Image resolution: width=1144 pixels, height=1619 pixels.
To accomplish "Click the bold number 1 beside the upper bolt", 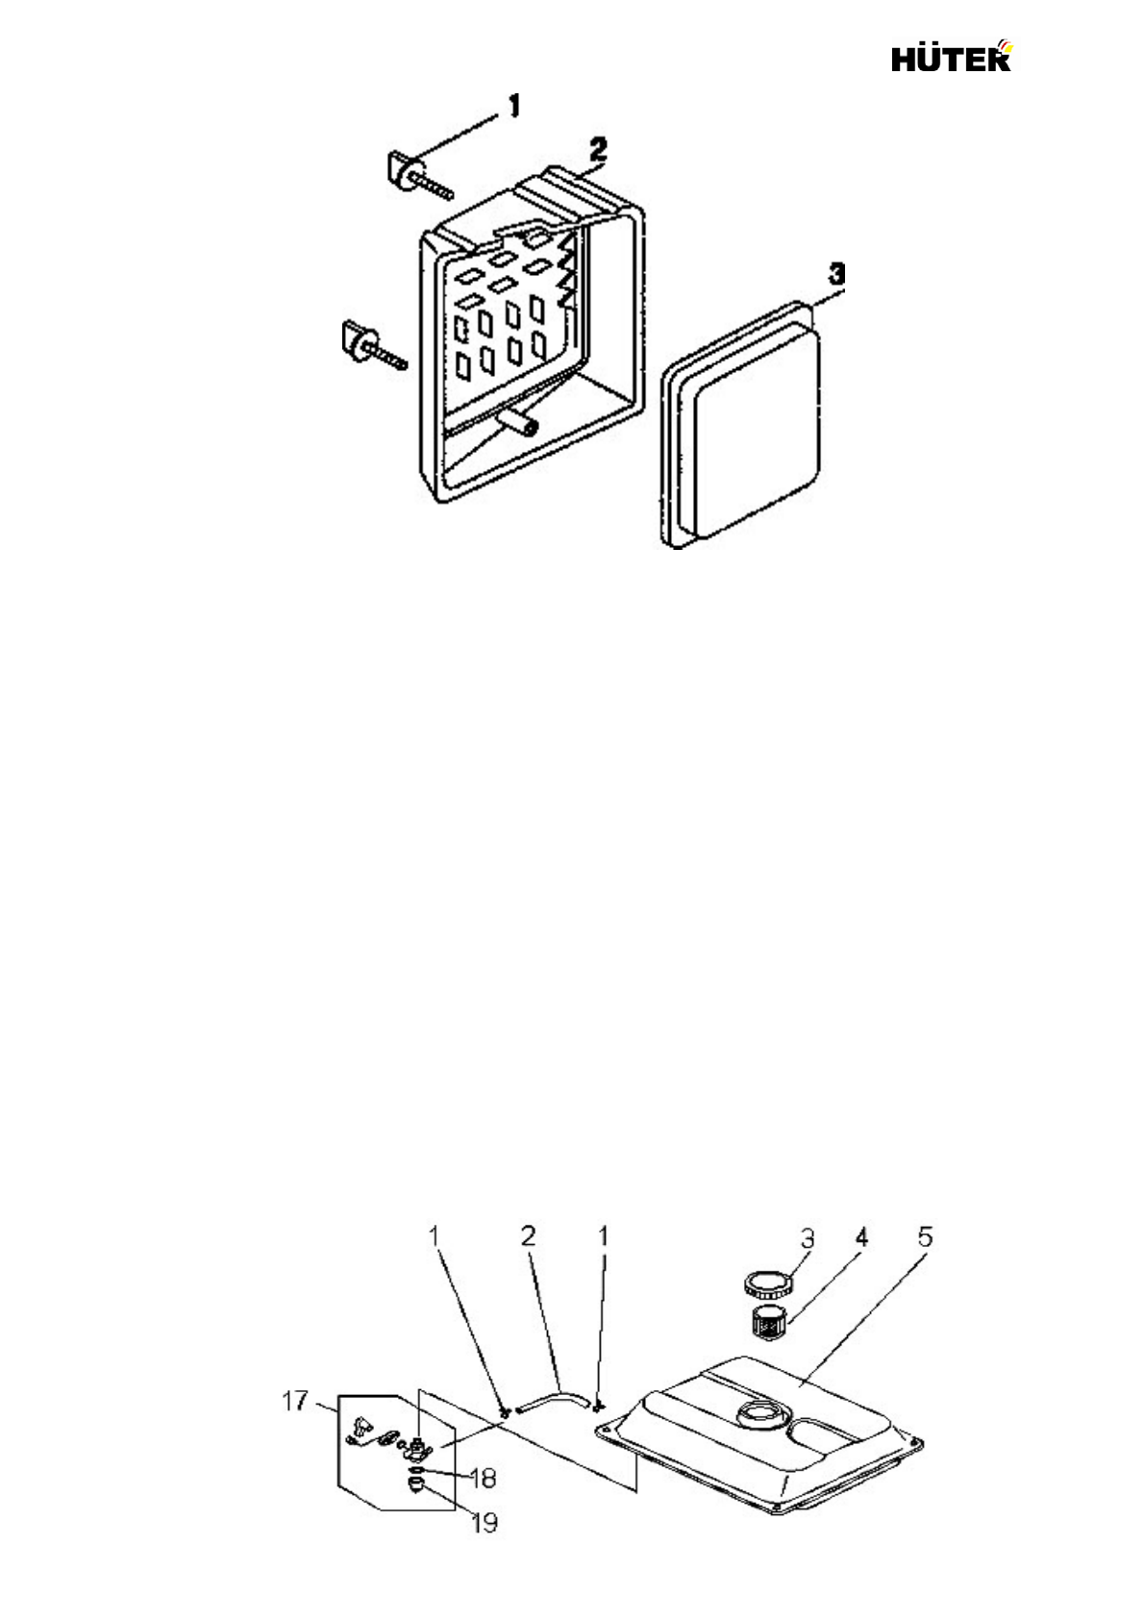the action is point(515,104).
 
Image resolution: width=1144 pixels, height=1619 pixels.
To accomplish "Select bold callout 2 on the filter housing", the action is point(597,149).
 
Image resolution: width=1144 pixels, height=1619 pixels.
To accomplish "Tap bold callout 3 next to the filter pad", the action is point(838,273).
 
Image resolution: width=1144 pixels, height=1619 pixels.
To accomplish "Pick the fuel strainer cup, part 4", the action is point(767,1324).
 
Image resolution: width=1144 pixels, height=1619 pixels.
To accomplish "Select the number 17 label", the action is point(296,1403).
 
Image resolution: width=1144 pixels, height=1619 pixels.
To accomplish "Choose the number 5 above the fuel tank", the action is point(923,1236).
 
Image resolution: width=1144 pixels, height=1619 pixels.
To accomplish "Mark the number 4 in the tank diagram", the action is point(861,1237).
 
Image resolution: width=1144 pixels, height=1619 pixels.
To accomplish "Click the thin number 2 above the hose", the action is point(528,1236).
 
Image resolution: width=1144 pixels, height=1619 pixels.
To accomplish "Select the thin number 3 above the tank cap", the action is point(808,1237).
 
